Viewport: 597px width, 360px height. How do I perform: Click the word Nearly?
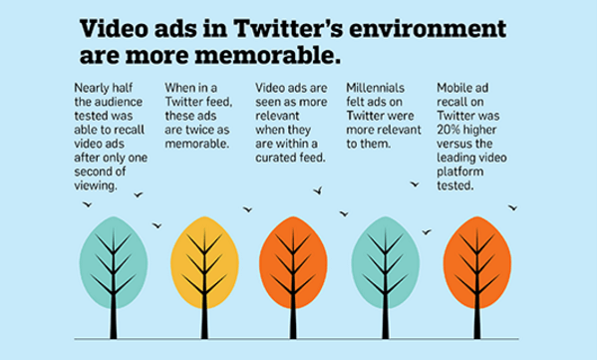click(x=92, y=90)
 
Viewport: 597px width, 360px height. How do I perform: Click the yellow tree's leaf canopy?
click(x=205, y=256)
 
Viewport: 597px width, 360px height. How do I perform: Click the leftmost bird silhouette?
click(x=87, y=205)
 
